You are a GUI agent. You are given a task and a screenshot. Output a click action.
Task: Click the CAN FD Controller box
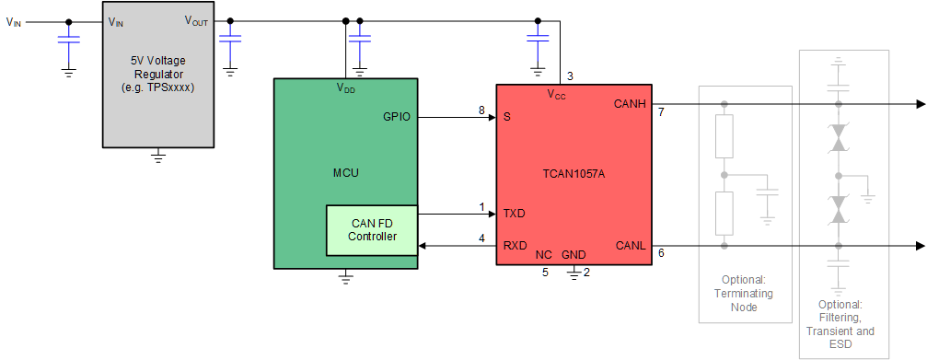coord(372,229)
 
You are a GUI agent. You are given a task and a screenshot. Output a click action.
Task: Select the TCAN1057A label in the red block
coord(574,172)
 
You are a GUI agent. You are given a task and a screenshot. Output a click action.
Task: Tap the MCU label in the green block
coord(346,172)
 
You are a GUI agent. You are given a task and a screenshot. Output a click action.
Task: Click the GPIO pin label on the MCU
coord(397,118)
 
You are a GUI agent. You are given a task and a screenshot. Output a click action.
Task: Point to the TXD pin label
coord(514,213)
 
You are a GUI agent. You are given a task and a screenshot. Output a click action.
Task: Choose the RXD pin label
coord(514,246)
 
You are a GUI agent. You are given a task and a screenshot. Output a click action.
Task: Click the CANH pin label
coord(631,104)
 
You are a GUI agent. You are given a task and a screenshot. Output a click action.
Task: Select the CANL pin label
coord(632,246)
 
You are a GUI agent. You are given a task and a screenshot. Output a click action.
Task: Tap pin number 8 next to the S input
coord(481,110)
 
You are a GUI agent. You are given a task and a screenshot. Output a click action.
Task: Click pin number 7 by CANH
coord(661,112)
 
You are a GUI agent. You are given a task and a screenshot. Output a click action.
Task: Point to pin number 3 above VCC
coord(570,75)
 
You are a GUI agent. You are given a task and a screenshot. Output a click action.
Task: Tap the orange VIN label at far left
coord(14,23)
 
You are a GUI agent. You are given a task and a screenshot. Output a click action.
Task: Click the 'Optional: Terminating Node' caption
coord(745,294)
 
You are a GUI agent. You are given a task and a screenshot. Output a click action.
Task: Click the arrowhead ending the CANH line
coord(920,104)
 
